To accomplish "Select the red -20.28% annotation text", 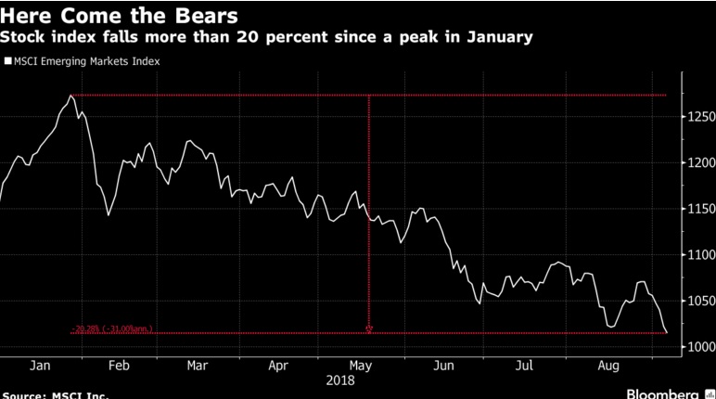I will click(x=112, y=329).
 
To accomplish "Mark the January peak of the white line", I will click(x=70, y=95).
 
